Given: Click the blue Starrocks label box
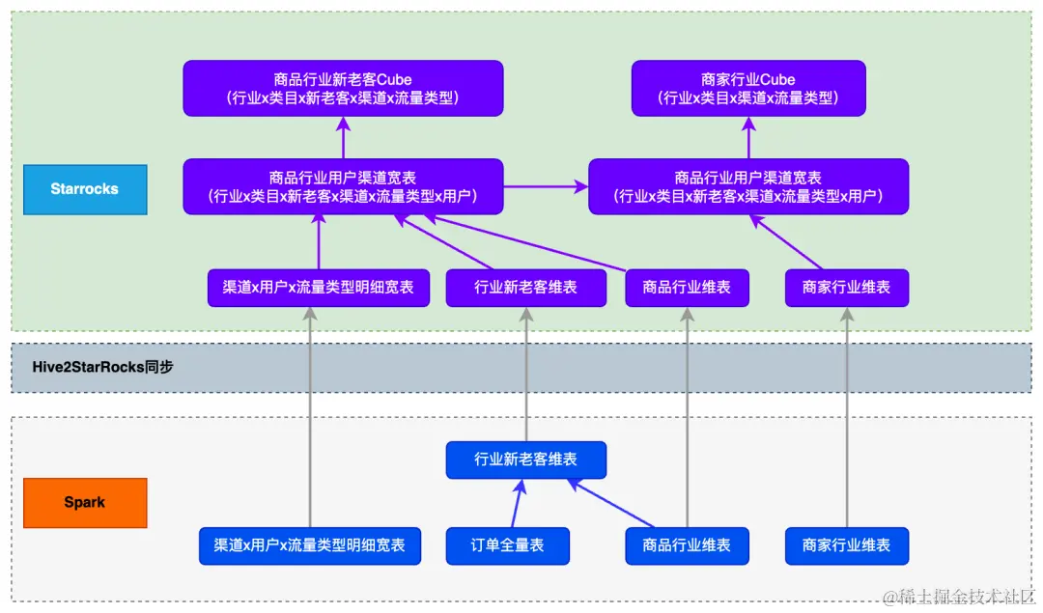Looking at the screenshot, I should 85,189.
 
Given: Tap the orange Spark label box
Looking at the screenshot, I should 85,503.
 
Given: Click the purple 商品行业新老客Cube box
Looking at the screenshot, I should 343,89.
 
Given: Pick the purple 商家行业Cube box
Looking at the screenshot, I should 748,89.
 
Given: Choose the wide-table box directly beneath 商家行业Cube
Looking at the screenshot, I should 748,187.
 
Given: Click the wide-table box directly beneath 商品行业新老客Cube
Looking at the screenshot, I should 343,187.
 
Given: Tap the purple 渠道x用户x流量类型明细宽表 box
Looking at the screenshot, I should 319,288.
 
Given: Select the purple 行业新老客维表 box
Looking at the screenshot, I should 525,288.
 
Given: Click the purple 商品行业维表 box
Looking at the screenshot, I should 687,288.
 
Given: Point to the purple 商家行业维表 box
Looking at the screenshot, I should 847,288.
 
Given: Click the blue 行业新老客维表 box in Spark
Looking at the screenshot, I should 525,460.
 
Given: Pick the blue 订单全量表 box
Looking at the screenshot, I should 508,545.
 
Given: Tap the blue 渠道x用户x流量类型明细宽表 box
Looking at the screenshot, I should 309,545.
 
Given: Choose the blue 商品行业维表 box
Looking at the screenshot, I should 687,545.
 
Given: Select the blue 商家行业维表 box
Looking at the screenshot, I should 847,545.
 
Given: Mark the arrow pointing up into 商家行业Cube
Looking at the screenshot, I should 748,137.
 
